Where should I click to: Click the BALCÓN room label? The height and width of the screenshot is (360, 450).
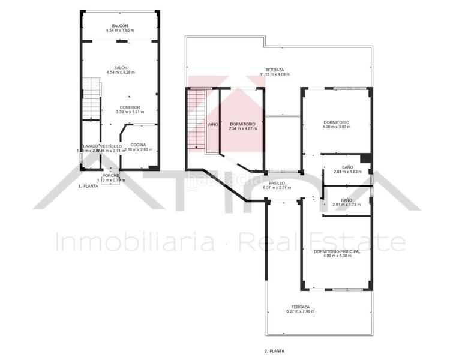coord(121,25)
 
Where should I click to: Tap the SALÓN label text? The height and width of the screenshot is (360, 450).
coord(121,68)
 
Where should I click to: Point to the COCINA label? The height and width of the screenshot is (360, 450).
coord(138,145)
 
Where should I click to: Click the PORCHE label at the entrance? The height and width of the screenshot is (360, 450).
coord(110,175)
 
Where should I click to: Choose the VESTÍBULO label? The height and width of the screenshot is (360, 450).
coord(111,146)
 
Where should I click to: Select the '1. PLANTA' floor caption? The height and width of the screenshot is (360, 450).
coord(88,187)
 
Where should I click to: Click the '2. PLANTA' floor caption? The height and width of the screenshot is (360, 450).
coord(274,351)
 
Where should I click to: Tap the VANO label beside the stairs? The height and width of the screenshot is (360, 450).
coord(212,125)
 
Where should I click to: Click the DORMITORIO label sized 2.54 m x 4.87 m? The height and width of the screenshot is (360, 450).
coord(242,124)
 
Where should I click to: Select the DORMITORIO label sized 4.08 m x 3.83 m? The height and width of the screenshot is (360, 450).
coord(335,122)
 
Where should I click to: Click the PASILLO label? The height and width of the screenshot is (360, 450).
coord(277,183)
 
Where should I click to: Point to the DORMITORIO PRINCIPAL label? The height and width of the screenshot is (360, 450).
coord(337,251)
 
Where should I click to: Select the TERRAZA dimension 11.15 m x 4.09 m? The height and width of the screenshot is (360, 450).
coord(275,74)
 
